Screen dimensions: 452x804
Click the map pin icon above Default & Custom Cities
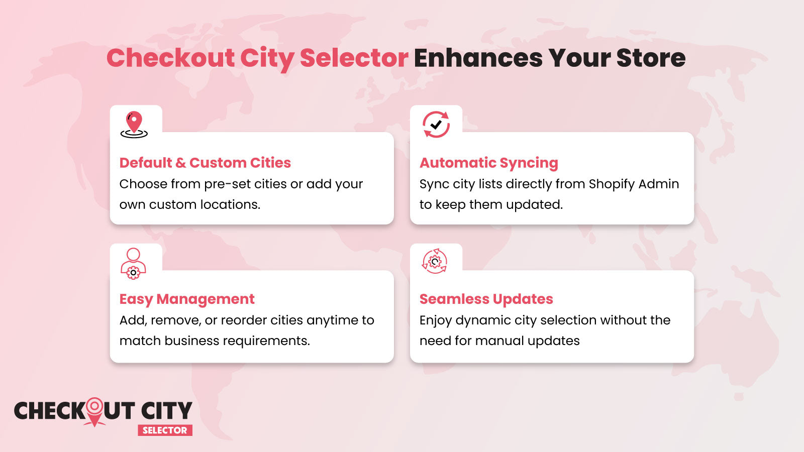point(134,125)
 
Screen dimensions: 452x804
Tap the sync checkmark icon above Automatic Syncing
point(436,125)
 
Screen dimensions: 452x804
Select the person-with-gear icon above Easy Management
point(133,263)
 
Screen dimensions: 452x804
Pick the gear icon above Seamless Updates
point(435,261)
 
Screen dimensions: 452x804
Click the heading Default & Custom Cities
point(205,163)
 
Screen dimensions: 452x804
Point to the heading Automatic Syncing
point(488,163)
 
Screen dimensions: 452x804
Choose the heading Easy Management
point(187,299)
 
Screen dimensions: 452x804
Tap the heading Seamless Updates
point(486,299)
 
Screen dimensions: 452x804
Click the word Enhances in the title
point(478,58)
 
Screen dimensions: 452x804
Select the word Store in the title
point(651,58)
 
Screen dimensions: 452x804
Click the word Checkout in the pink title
point(170,58)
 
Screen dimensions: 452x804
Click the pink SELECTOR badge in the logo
point(165,430)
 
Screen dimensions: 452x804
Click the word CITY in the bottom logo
point(166,411)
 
